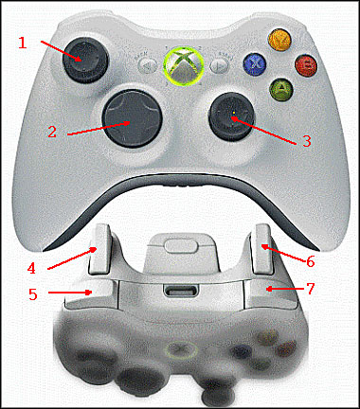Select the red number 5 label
[x=32, y=293]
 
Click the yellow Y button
[x=279, y=42]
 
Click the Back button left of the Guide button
[x=146, y=67]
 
